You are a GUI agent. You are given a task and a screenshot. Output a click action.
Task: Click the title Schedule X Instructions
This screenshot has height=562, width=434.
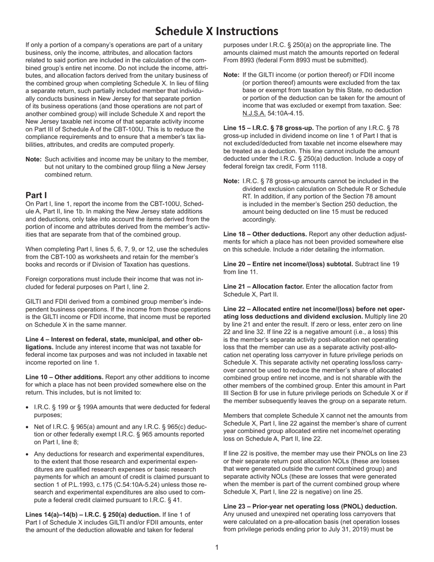click(x=217, y=31)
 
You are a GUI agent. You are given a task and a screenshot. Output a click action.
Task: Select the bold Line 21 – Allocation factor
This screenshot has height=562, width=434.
click(x=263, y=286)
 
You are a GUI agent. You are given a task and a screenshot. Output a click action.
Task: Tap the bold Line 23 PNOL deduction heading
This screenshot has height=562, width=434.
click(x=310, y=507)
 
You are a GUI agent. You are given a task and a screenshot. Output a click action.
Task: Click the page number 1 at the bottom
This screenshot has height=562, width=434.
click(x=217, y=547)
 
